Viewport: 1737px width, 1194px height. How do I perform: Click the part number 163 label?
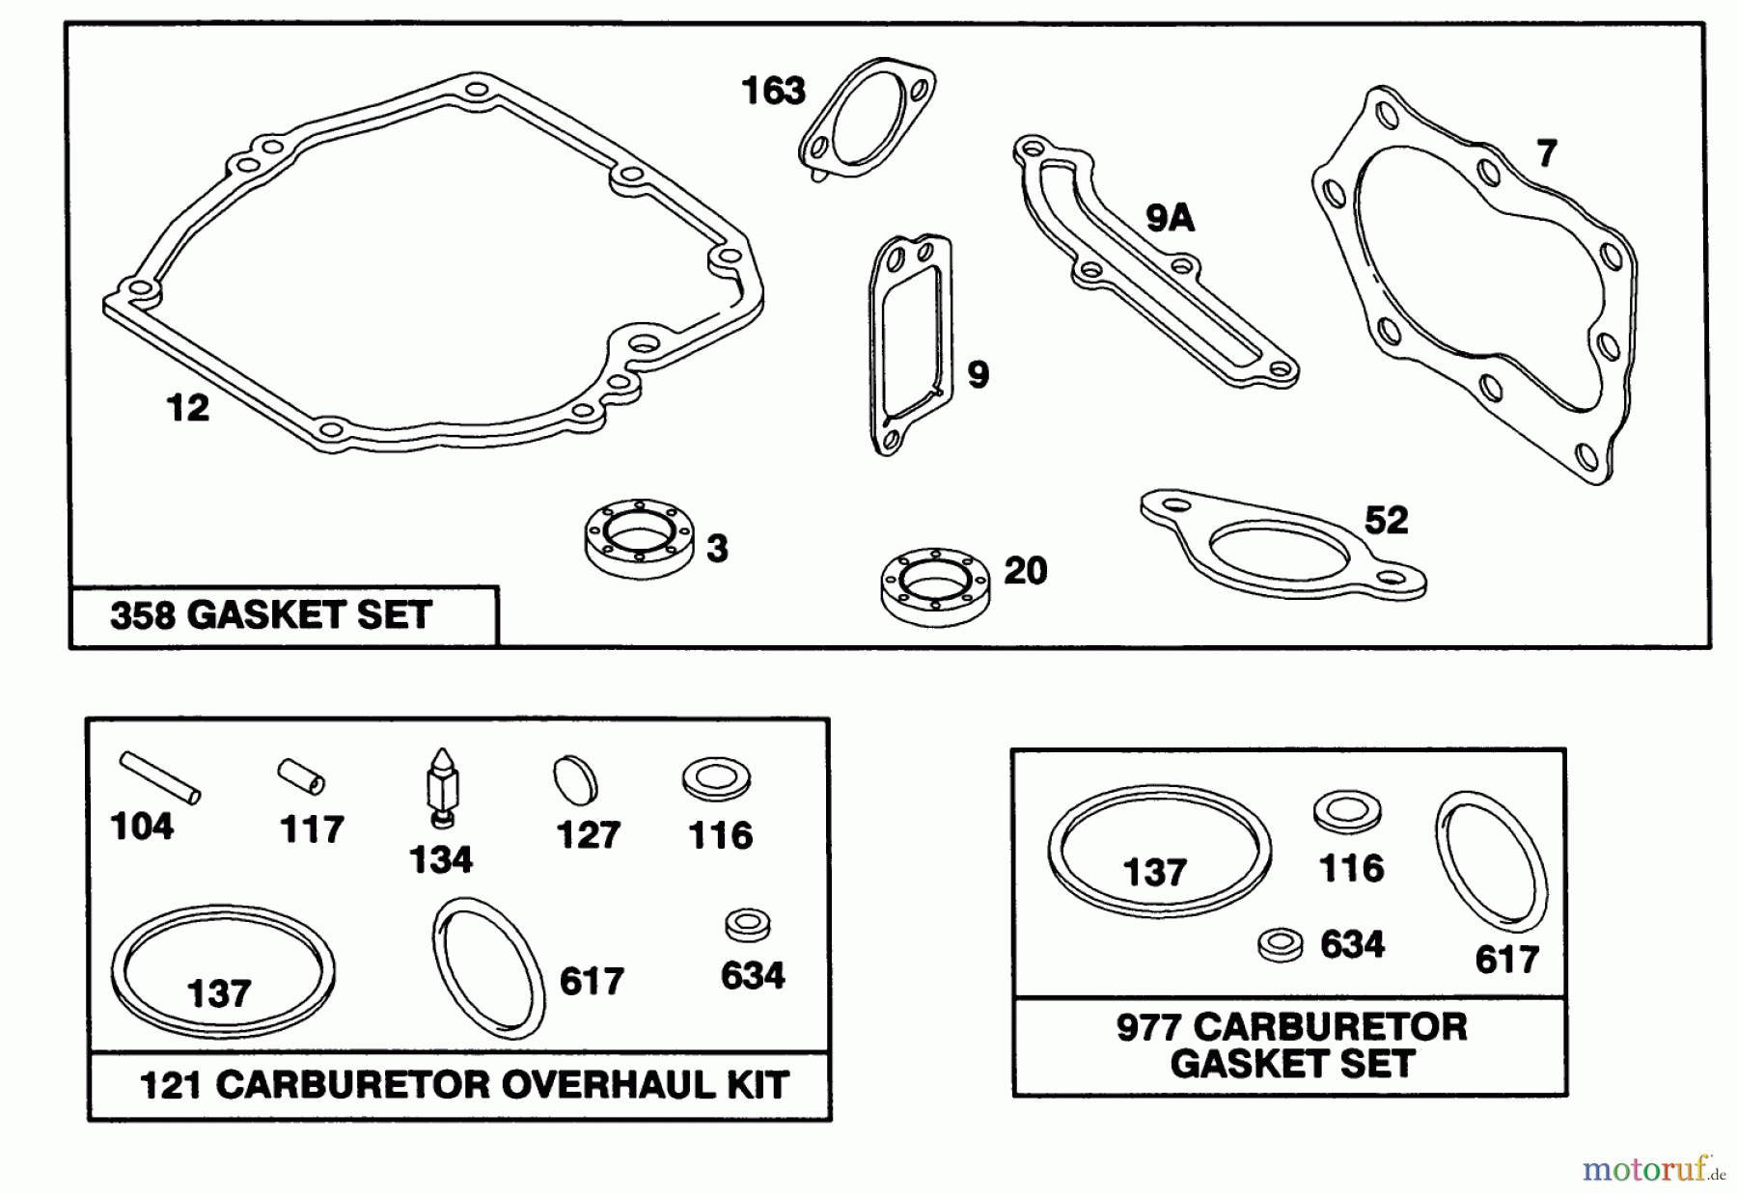click(773, 92)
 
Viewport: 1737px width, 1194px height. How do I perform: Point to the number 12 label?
click(187, 408)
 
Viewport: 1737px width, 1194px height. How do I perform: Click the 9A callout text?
click(1170, 219)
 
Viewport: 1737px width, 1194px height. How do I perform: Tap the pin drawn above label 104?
click(160, 777)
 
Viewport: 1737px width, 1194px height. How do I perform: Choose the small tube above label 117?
click(302, 776)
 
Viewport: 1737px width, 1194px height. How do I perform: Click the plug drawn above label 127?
click(575, 780)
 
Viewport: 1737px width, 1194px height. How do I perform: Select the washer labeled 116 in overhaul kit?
click(716, 779)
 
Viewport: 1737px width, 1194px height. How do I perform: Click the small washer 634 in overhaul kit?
click(747, 924)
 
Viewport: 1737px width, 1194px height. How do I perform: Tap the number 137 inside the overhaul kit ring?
click(219, 993)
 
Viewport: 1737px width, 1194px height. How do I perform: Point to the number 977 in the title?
click(1148, 1027)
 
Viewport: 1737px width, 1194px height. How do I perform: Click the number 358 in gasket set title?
click(143, 615)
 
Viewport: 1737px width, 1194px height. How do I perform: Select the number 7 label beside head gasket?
click(1547, 153)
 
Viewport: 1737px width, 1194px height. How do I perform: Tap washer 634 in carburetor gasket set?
click(1281, 944)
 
